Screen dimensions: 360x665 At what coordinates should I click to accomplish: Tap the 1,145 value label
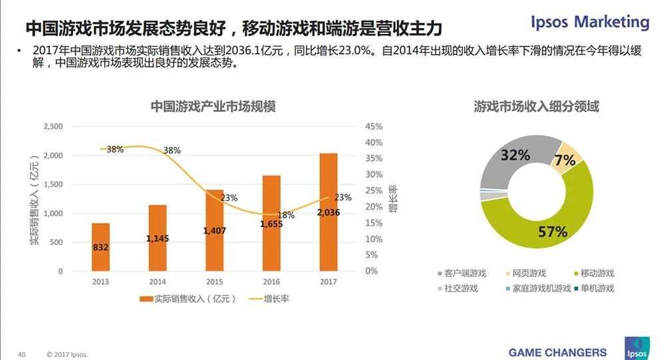pos(158,238)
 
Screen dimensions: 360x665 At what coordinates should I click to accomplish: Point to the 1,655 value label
pos(271,224)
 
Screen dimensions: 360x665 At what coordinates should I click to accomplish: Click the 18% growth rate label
pos(286,215)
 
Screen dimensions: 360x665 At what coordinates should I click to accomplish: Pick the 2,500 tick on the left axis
pos(53,126)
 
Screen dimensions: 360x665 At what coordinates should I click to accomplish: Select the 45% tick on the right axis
pos(373,126)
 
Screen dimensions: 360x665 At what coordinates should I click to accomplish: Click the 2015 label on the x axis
pos(214,282)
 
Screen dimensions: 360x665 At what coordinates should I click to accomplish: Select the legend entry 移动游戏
pos(597,273)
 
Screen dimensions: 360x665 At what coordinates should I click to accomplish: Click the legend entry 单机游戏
pos(597,288)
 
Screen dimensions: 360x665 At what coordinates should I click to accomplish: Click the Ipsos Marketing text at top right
pos(590,22)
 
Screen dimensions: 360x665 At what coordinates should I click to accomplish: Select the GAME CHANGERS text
pos(557,352)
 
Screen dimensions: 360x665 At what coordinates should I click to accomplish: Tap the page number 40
pos(21,353)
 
